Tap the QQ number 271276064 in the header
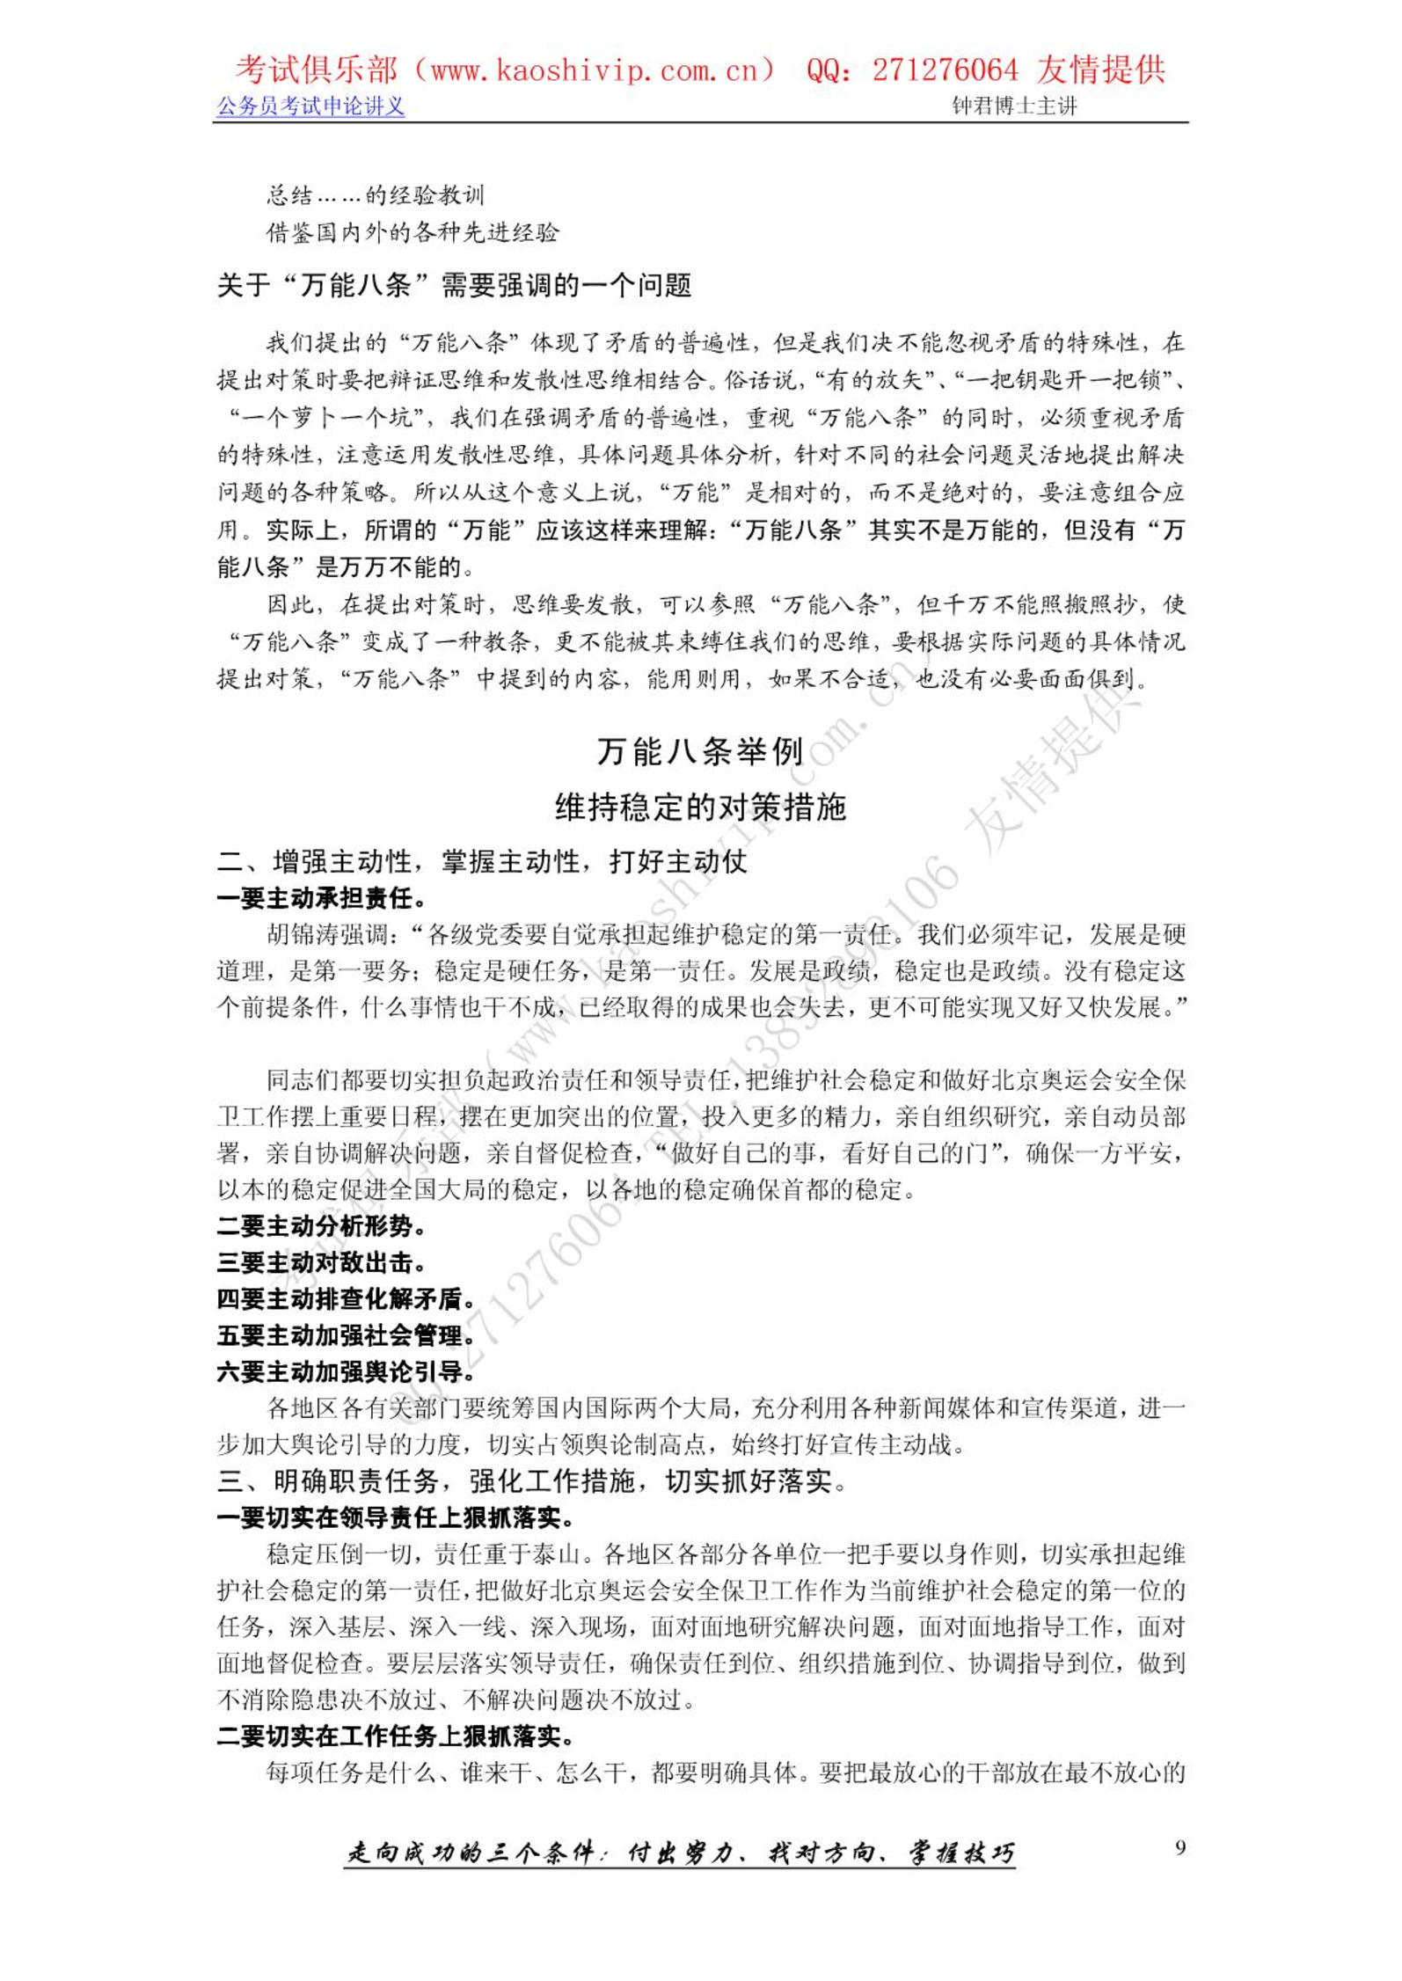945,69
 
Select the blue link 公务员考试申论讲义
310,106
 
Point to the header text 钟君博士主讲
1014,106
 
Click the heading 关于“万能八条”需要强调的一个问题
454,285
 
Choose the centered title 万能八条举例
700,751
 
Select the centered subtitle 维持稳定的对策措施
700,807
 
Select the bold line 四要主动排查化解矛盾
347,1298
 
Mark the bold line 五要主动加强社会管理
347,1335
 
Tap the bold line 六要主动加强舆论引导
347,1371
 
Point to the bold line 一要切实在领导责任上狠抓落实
396,1518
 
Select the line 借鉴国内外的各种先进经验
413,232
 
